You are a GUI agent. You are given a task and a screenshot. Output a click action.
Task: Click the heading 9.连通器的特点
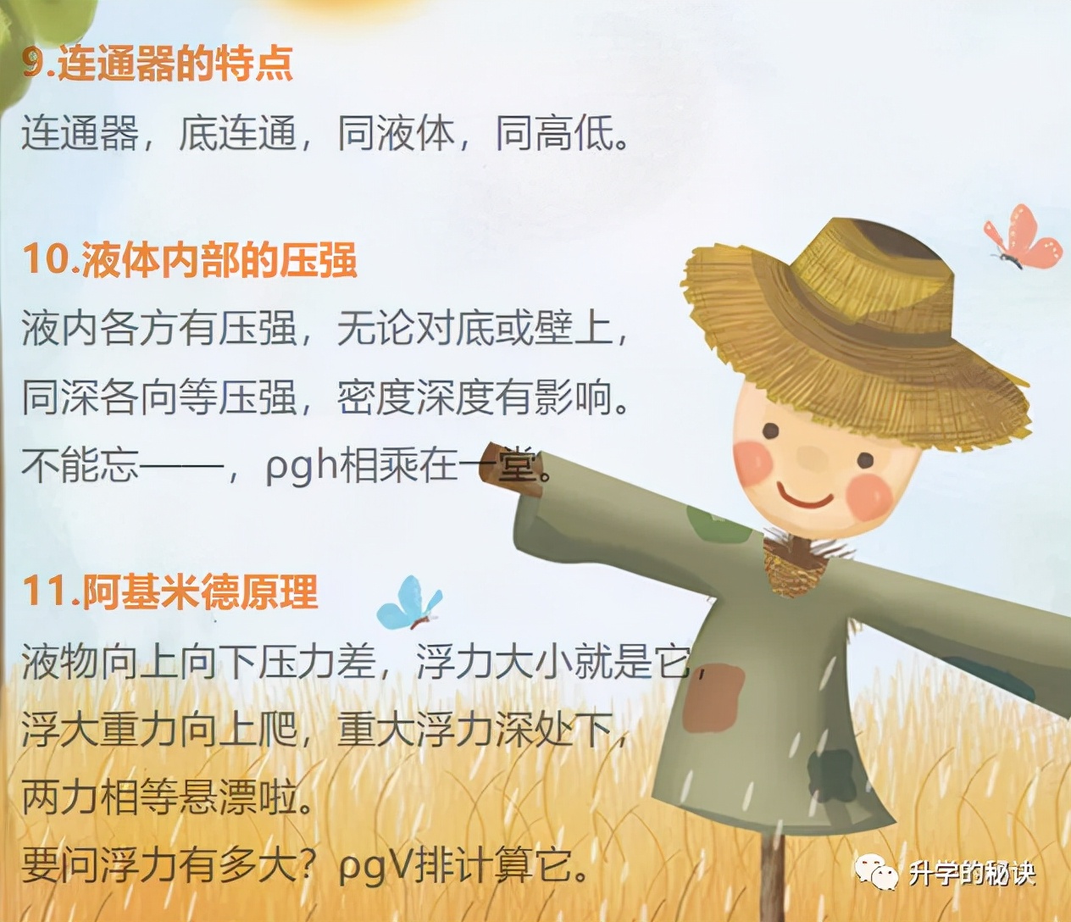coord(158,64)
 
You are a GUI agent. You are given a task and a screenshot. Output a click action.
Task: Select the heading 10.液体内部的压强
coord(190,259)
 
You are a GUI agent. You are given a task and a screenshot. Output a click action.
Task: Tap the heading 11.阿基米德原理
coord(170,592)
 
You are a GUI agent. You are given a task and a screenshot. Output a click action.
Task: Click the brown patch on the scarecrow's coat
coord(713,698)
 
